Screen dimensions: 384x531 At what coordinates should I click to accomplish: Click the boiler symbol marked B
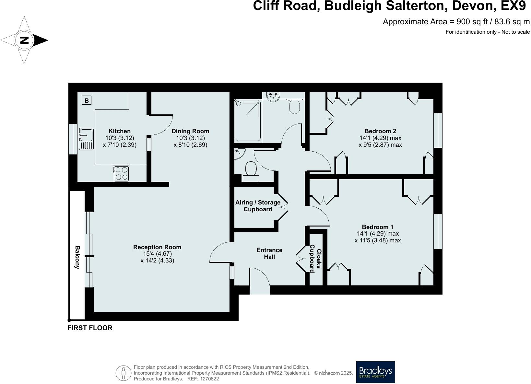click(87, 100)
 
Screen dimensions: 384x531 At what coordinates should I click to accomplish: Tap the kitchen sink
click(86, 139)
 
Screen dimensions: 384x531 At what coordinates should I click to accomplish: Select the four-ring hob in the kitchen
click(121, 173)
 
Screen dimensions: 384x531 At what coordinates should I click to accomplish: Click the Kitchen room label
click(120, 131)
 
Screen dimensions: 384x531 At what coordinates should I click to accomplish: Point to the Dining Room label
click(190, 131)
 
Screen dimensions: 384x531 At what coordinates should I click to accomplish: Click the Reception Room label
click(157, 247)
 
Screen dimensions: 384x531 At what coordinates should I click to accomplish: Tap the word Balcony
click(77, 257)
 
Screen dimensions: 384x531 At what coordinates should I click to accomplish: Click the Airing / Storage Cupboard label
click(258, 206)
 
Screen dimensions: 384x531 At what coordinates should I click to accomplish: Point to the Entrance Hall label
click(269, 253)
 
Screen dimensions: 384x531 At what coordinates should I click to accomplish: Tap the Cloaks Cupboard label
click(315, 259)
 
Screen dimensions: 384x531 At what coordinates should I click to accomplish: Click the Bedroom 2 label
click(380, 131)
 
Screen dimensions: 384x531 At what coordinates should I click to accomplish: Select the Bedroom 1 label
click(378, 227)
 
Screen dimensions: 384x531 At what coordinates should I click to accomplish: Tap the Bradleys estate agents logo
click(375, 372)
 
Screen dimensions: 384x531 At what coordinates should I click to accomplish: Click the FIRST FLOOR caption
click(90, 328)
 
